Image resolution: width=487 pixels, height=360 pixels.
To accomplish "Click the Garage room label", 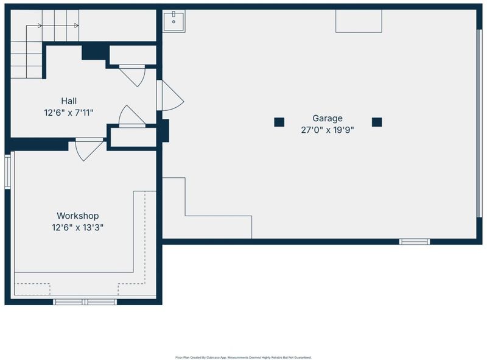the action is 328,118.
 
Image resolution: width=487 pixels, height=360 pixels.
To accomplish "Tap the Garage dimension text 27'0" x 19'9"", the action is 328,130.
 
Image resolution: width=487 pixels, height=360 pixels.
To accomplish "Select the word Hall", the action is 69,101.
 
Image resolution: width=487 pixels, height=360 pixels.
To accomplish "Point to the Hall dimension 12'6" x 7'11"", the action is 69,113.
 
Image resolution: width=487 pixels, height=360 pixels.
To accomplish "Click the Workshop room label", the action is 78,216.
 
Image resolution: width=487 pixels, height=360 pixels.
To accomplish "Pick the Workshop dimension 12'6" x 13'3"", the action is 78,228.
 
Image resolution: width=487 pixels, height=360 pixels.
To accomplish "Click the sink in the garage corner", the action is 174,21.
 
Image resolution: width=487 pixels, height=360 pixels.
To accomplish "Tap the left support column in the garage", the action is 279,122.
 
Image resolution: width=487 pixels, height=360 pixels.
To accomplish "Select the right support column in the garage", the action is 377,122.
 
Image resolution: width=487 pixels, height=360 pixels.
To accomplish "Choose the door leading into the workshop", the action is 88,149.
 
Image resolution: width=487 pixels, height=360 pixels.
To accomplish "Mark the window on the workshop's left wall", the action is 8,170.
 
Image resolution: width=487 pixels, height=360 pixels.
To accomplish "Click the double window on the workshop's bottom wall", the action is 85,302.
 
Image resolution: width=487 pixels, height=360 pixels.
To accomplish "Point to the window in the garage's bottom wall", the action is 415,242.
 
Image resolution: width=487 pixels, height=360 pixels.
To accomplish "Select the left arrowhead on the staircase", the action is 40,26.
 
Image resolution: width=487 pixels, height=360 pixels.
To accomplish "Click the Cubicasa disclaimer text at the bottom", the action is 243,358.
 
